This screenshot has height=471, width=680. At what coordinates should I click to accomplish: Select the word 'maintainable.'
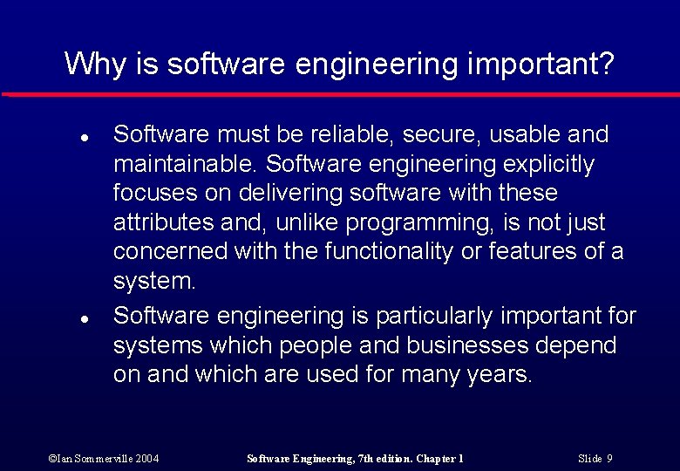(x=186, y=164)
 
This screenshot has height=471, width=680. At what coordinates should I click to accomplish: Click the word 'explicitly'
(x=548, y=164)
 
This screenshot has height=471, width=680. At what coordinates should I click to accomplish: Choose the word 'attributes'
(x=163, y=222)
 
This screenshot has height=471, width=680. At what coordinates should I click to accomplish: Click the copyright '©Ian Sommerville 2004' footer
(x=104, y=458)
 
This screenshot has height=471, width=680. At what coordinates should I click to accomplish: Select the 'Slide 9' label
(x=595, y=458)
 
